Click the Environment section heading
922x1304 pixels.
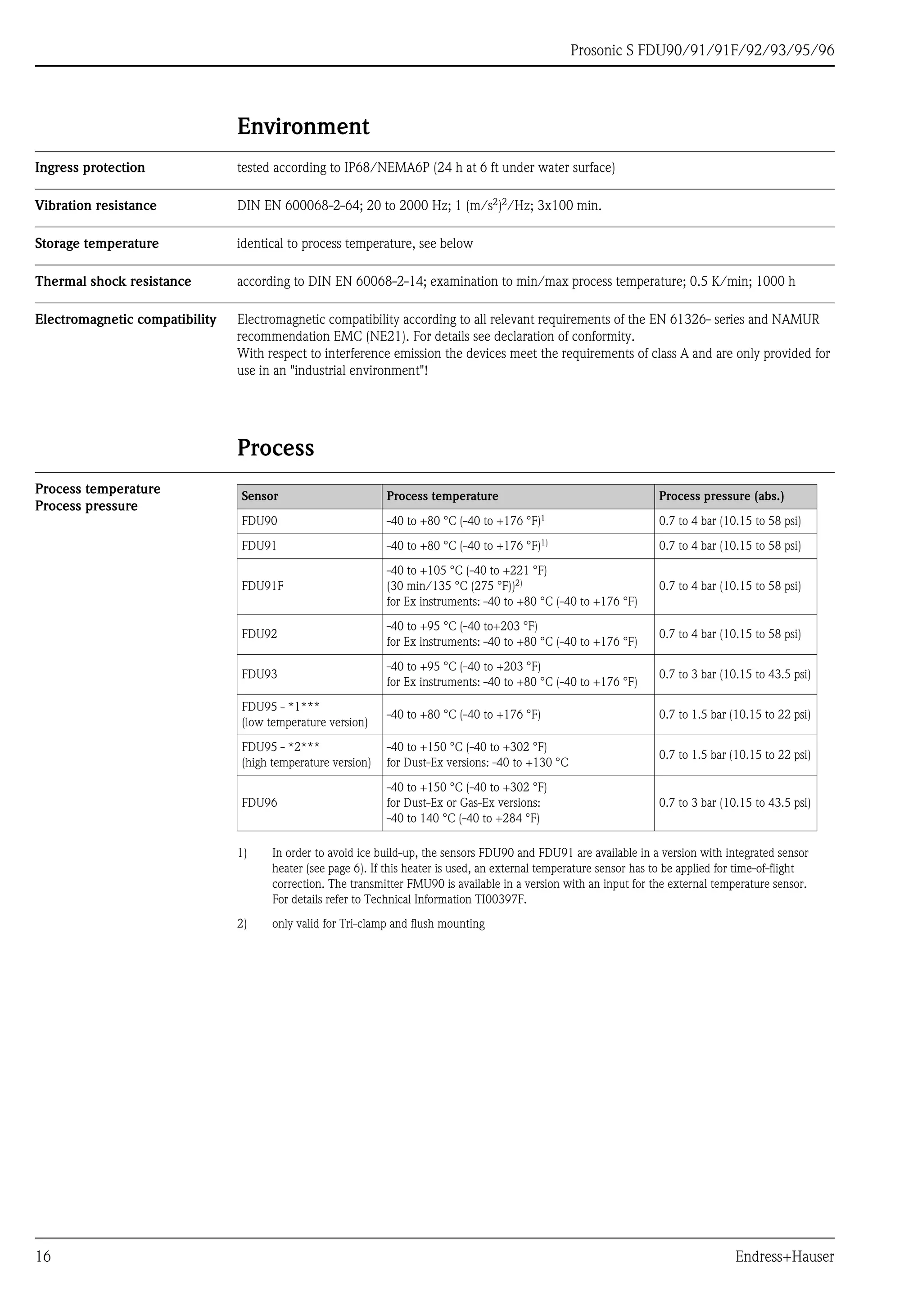[303, 126]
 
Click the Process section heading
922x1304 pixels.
[275, 448]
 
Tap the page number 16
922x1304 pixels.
[43, 1256]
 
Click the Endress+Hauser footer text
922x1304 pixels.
[785, 1256]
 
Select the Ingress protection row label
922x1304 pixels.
[90, 167]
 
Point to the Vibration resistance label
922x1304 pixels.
[95, 206]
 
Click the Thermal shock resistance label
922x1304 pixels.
[113, 282]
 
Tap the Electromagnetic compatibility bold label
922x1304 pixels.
[126, 320]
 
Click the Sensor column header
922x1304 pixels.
[260, 496]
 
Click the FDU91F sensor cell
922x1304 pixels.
[262, 586]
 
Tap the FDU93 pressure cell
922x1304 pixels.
[735, 674]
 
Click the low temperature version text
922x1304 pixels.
[304, 723]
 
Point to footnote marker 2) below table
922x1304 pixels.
[242, 924]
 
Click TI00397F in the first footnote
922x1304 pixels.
[499, 899]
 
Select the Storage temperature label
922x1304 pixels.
[97, 243]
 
